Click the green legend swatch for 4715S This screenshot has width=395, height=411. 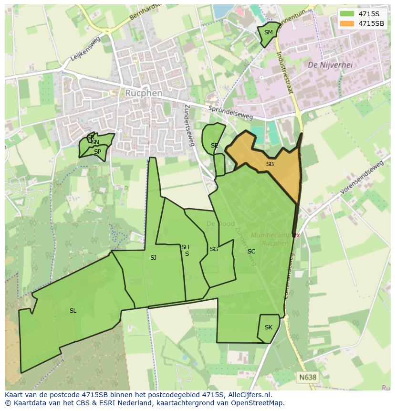pyautogui.click(x=347, y=14)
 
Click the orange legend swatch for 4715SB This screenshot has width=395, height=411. pyautogui.click(x=347, y=23)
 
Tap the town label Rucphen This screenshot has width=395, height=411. pyautogui.click(x=144, y=93)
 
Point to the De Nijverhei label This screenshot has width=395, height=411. pyautogui.click(x=330, y=65)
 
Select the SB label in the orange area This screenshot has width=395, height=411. pyautogui.click(x=270, y=164)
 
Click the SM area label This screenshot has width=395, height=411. pyautogui.click(x=269, y=32)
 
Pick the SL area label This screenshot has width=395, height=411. pyautogui.click(x=73, y=311)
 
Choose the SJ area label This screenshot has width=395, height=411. pyautogui.click(x=153, y=258)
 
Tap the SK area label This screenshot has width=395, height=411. pyautogui.click(x=268, y=327)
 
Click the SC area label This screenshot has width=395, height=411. pyautogui.click(x=251, y=252)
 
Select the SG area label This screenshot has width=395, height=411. pyautogui.click(x=214, y=249)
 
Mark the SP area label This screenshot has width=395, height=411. pyautogui.click(x=97, y=152)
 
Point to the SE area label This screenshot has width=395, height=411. pyautogui.click(x=214, y=146)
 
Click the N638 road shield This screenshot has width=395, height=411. pyautogui.click(x=308, y=377)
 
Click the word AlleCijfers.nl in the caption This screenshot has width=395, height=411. pyautogui.click(x=249, y=395)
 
